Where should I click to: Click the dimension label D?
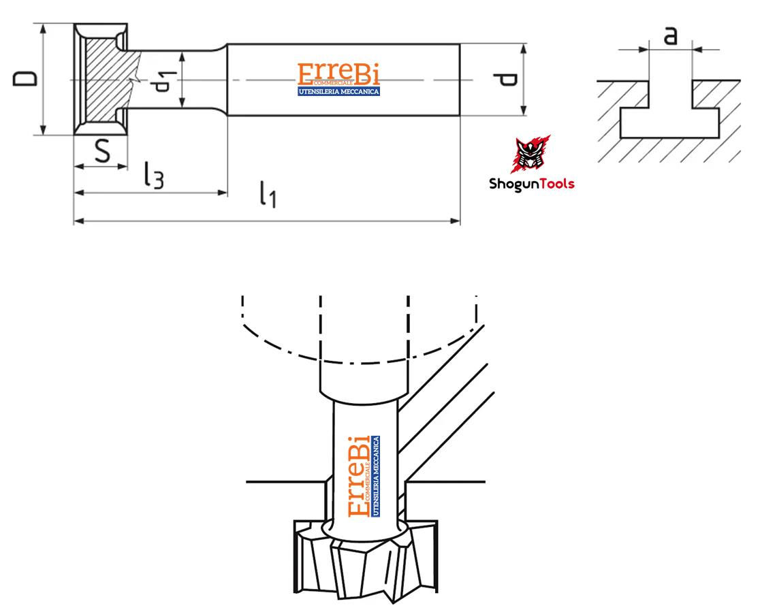(25, 78)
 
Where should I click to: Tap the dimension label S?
(102, 150)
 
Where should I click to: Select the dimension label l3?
(154, 175)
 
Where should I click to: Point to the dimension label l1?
(268, 194)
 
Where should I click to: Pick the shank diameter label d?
(507, 80)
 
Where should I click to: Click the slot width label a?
(670, 35)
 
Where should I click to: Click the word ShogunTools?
(532, 184)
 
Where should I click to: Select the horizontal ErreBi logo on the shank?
(338, 79)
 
